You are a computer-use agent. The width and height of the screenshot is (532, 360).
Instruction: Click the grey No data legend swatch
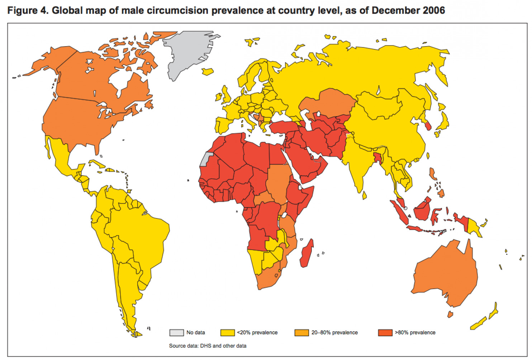pos(176,332)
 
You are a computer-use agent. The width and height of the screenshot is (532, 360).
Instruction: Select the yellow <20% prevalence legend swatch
pos(227,332)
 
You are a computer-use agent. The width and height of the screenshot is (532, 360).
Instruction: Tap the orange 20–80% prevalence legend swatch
pos(301,332)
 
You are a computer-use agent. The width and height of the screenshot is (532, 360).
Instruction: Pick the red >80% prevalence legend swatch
pos(385,332)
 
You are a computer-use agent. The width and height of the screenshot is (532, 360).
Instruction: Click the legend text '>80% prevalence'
pos(415,332)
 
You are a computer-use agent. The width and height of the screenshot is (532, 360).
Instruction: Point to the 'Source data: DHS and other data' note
pos(208,346)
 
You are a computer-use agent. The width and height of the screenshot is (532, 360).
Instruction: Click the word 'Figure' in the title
pos(21,10)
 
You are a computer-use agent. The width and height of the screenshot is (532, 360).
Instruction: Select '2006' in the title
pos(433,10)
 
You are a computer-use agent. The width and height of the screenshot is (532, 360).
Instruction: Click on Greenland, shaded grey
pos(186,54)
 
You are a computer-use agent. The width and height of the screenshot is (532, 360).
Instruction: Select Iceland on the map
pos(208,72)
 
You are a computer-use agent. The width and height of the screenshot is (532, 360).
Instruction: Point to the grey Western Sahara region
pos(205,159)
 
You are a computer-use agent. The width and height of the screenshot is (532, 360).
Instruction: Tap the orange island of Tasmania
pos(450,315)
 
